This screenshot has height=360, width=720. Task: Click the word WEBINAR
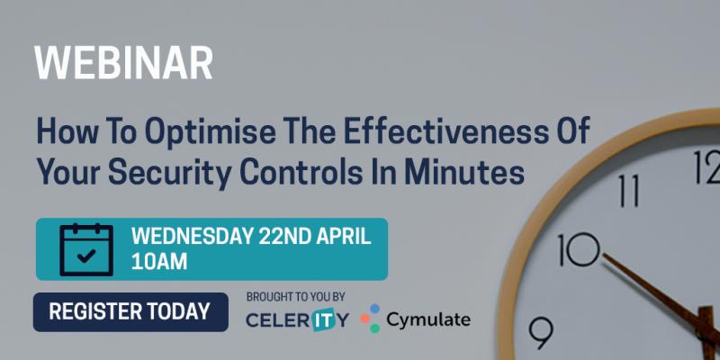pos(123,63)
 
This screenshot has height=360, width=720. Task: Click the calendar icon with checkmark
pos(85,249)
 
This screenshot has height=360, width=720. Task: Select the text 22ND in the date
pos(286,238)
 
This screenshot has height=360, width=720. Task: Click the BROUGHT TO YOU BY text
pos(295,297)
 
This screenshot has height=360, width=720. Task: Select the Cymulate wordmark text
pos(428,319)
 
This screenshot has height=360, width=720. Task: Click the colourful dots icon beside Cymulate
pos(371,319)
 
